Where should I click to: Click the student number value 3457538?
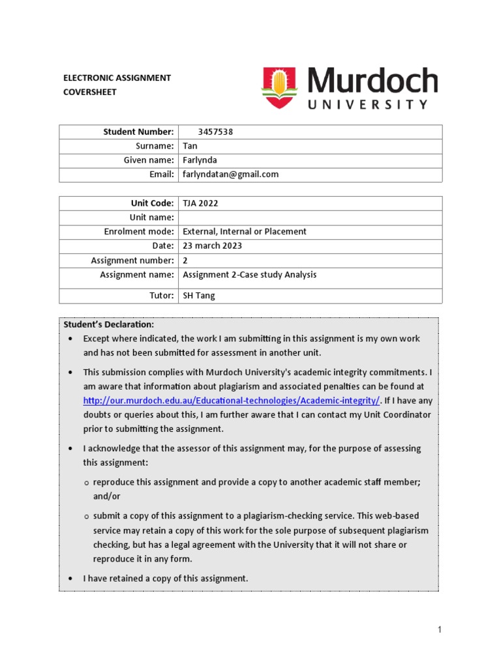(215, 132)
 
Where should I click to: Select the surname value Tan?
(189, 146)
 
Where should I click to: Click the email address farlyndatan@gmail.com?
(230, 175)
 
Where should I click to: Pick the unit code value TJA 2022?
(200, 203)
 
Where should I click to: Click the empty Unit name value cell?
(310, 218)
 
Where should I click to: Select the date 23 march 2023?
(212, 246)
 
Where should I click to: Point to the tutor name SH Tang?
(198, 296)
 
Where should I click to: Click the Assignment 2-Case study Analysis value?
(249, 275)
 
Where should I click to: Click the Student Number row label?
(138, 132)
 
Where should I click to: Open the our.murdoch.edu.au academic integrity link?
(232, 401)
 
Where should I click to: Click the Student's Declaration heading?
(109, 324)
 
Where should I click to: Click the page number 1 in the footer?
(440, 629)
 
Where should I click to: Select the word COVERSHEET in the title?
(89, 92)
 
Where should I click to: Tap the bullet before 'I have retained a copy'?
(70, 578)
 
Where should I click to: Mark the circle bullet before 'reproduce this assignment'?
(86, 483)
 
